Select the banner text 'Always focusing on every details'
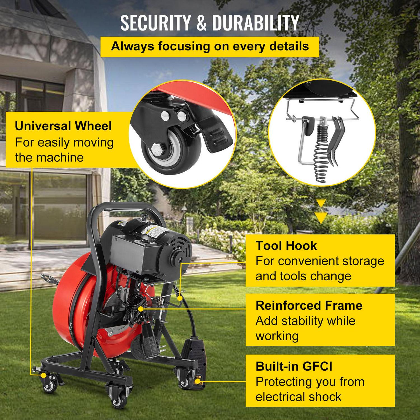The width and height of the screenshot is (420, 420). coord(210,46)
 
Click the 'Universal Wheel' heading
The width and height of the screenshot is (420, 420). coord(63,126)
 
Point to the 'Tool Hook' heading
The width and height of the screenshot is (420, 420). coord(286,246)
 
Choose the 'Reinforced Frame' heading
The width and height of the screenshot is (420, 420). coord(309,305)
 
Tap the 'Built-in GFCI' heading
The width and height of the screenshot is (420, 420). coord(294,366)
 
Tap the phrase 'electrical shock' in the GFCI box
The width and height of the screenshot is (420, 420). coord(298,397)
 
